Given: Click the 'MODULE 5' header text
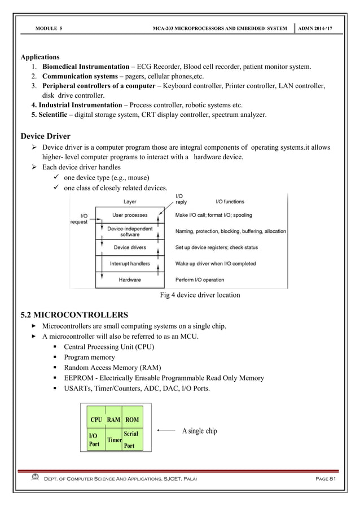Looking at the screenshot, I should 48,28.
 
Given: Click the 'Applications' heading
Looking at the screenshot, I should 40,57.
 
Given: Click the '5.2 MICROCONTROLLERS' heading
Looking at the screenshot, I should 74,314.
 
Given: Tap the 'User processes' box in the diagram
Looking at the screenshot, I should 130,215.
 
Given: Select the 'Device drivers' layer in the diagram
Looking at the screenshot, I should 130,247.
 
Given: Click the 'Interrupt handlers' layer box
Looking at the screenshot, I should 130,264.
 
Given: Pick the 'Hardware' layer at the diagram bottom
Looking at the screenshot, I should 130,280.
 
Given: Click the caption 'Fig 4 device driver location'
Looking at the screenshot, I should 200,295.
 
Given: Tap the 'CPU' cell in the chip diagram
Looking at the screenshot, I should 95,420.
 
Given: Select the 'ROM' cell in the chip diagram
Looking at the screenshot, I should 131,420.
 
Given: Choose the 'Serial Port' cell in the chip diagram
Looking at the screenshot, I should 131,440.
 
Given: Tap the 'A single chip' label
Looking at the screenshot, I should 199,431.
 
